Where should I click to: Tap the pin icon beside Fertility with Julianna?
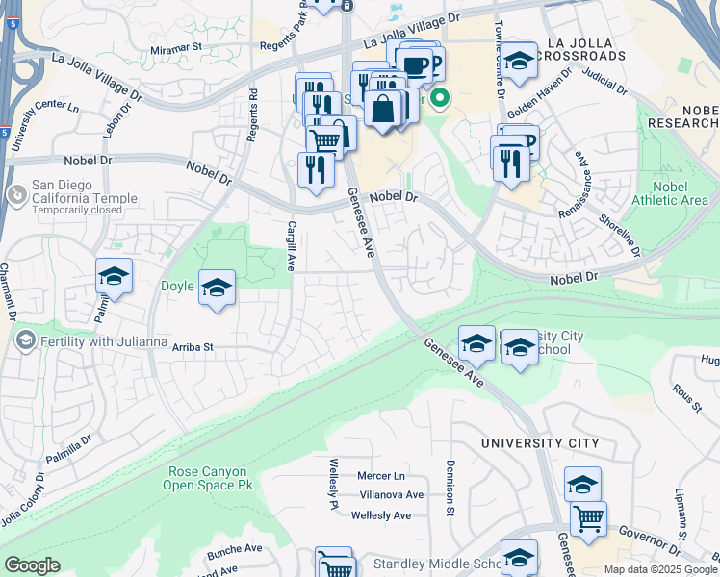(24, 339)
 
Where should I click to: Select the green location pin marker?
(441, 97)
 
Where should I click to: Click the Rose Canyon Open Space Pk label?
(210, 478)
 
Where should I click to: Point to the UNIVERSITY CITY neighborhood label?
(540, 443)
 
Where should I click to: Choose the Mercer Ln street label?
(381, 476)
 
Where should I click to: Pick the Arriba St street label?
(191, 346)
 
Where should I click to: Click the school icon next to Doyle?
(217, 288)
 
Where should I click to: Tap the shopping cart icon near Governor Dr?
(588, 519)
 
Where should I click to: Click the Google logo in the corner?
(32, 565)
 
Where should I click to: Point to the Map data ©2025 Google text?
(660, 569)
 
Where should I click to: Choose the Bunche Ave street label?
(234, 549)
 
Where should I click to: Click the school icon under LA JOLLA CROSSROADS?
(519, 63)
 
